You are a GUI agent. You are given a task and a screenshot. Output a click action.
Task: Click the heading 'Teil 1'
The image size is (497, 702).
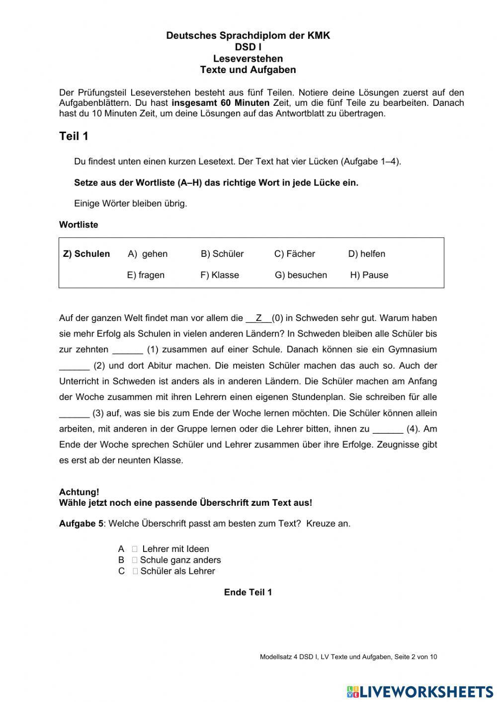(x=74, y=136)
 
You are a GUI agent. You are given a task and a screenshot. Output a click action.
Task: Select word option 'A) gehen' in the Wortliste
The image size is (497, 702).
(x=148, y=254)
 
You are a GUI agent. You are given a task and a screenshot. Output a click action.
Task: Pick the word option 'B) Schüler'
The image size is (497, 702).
(x=222, y=254)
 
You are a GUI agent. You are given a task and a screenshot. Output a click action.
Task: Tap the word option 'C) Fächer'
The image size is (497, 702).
(x=295, y=254)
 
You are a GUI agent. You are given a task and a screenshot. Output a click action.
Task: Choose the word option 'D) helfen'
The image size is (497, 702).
(x=367, y=254)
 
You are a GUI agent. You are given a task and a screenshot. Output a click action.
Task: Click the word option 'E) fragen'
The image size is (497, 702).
(x=146, y=275)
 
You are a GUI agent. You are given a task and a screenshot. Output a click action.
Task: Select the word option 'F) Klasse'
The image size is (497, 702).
(x=220, y=275)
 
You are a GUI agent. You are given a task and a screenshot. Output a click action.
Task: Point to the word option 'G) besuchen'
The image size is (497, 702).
(x=301, y=275)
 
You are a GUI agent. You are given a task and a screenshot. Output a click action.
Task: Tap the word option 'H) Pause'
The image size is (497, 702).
(x=369, y=275)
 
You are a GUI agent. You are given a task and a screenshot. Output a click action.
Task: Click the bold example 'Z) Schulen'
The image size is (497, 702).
(x=86, y=254)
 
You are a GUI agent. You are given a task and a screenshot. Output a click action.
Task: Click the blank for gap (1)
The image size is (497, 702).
(x=128, y=350)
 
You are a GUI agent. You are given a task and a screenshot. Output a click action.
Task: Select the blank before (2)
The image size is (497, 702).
(x=75, y=366)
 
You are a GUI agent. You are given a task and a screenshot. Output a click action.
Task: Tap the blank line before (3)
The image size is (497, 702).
(x=75, y=414)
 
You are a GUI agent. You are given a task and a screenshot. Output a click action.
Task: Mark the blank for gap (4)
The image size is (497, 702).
(x=388, y=430)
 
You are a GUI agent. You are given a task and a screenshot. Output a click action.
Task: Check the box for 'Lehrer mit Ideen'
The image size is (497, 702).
(x=135, y=549)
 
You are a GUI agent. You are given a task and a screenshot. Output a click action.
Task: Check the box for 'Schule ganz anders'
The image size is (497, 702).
(x=135, y=560)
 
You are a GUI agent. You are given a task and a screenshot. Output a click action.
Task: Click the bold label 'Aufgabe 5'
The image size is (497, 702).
(x=81, y=524)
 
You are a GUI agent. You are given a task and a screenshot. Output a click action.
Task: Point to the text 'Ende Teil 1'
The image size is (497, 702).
(x=248, y=592)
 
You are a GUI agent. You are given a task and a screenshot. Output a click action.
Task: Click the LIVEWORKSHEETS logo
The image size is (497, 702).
(x=420, y=691)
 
